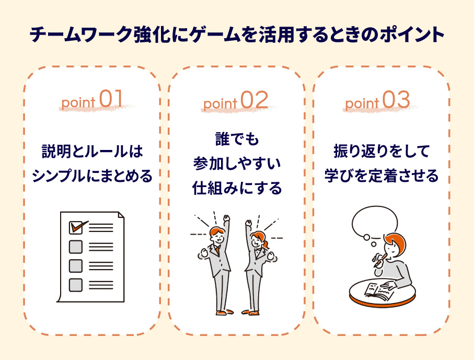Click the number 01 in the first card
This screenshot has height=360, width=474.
point(111,98)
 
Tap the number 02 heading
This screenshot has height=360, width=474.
point(254,99)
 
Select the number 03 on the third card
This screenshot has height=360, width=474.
point(396,99)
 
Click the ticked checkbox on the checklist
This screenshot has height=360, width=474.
point(76,228)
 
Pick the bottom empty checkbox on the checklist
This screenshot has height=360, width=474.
point(76,285)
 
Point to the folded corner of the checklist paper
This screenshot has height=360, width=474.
point(121,215)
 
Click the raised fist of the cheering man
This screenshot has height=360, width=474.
point(226,218)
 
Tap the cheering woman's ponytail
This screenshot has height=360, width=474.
point(266,244)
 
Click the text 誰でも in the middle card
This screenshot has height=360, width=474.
point(237,140)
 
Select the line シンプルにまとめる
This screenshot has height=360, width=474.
point(92,176)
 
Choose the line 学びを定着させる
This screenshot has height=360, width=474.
point(381,176)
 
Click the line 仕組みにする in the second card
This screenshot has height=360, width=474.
point(237,188)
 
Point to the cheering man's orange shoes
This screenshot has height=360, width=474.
point(225,312)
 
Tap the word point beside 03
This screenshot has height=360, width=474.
point(362,103)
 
